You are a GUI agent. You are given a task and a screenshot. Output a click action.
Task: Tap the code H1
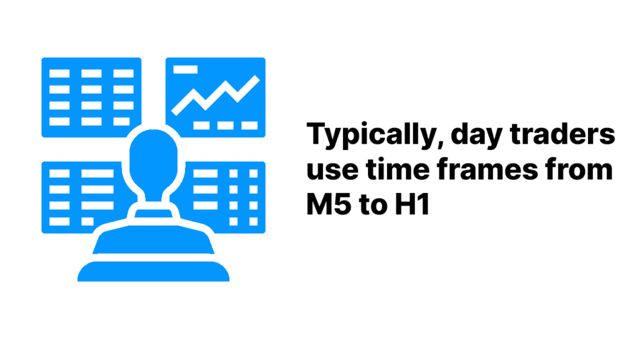pyautogui.click(x=412, y=204)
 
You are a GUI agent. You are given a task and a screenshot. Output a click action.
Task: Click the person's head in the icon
pyautogui.click(x=154, y=161)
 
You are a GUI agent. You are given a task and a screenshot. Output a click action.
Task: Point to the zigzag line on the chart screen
pyautogui.click(x=216, y=95)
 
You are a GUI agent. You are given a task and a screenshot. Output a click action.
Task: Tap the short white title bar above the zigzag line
pyautogui.click(x=185, y=69)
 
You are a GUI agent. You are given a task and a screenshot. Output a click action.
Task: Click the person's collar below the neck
pyautogui.click(x=154, y=214)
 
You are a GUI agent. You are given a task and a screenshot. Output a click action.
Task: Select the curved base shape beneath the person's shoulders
pyautogui.click(x=154, y=271)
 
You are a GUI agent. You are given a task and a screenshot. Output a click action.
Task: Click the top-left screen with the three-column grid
pyautogui.click(x=91, y=97)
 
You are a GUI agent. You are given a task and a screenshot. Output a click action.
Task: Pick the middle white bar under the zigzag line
pyautogui.click(x=225, y=125)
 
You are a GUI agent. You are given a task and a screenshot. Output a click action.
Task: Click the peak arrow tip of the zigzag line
pyautogui.click(x=257, y=78)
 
